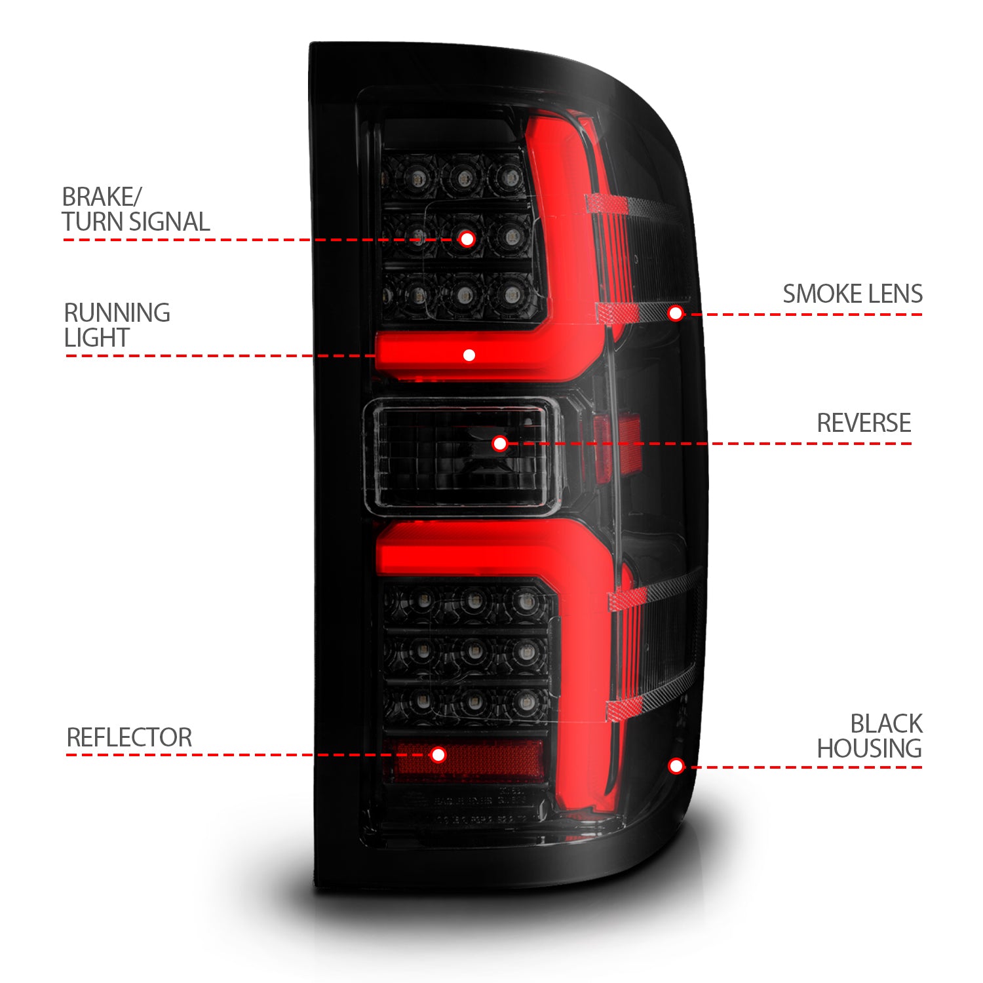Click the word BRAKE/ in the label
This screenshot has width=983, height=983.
[x=102, y=197]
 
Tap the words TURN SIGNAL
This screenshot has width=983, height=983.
[x=136, y=222]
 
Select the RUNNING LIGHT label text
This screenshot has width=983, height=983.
[x=117, y=325]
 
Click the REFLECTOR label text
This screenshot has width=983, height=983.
[x=129, y=738]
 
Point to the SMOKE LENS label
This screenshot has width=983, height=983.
[x=853, y=294]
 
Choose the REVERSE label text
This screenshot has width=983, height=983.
[x=864, y=423]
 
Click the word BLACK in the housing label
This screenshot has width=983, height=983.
[x=886, y=724]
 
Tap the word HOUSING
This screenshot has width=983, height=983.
[x=869, y=748]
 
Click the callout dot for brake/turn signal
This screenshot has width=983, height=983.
[x=467, y=239]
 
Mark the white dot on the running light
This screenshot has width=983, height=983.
[x=469, y=355]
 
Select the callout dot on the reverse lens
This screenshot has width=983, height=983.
[x=500, y=444]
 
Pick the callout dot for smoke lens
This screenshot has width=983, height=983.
[x=676, y=313]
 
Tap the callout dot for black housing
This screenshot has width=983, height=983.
[x=676, y=766]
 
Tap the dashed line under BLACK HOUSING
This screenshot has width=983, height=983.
[x=806, y=767]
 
